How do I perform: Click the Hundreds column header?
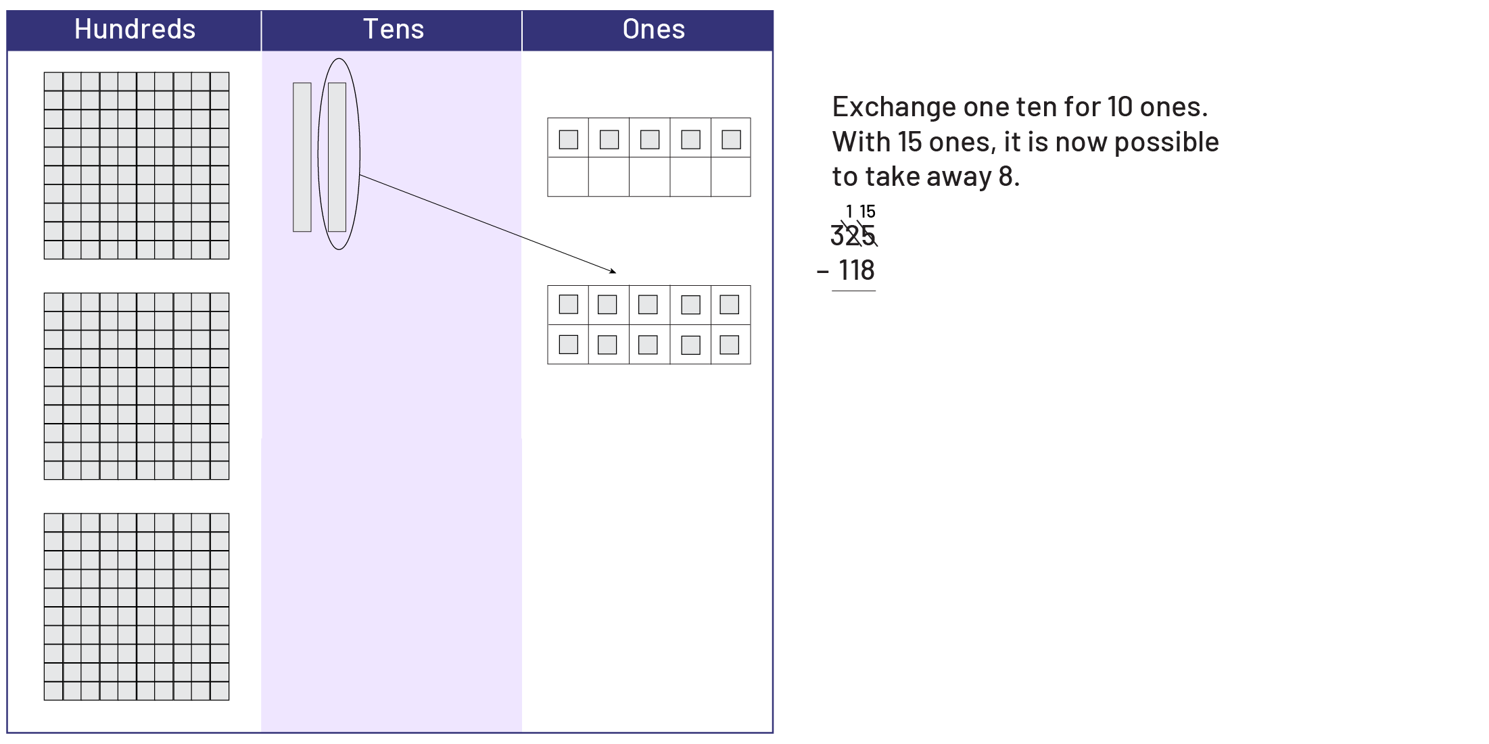point(135,30)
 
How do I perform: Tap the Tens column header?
point(393,30)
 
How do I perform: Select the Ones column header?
point(653,30)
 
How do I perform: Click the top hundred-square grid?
point(137,166)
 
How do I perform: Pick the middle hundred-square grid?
point(137,387)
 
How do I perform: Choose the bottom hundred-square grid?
point(137,607)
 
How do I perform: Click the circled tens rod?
point(337,157)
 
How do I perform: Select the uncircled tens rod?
point(302,157)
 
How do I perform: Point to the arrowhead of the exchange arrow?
point(614,272)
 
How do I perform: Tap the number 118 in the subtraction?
point(857,270)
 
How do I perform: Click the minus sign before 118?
point(822,272)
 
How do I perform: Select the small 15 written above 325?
point(868,212)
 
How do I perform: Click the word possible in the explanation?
point(1166,143)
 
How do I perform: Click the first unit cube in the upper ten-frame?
point(568,139)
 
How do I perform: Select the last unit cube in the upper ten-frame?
point(731,139)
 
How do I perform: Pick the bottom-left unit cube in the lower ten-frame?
point(568,345)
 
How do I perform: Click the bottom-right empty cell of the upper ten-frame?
point(731,177)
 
